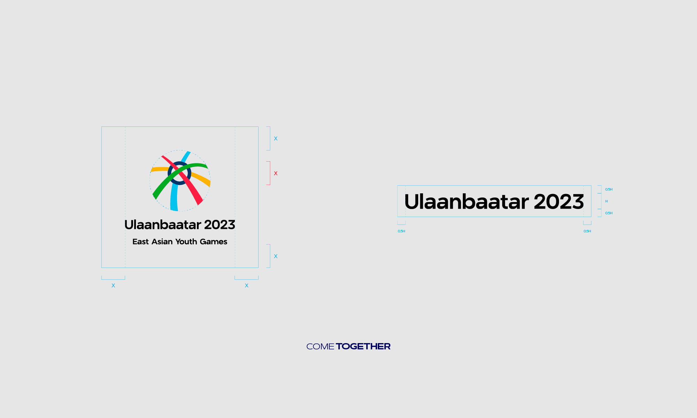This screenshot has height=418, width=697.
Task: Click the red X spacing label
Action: click(x=276, y=173)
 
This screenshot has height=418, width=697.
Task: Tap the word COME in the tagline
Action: click(x=320, y=347)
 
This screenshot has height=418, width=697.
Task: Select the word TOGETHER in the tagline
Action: click(x=363, y=347)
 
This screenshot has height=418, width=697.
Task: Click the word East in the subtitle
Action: click(x=140, y=242)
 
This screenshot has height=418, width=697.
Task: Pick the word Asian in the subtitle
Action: click(x=162, y=242)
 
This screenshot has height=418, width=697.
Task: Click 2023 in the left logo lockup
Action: click(x=220, y=225)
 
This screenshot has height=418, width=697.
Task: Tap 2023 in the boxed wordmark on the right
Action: click(x=559, y=202)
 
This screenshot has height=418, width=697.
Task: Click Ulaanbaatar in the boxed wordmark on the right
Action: click(x=466, y=202)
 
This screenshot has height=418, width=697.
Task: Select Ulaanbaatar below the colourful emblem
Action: click(x=162, y=225)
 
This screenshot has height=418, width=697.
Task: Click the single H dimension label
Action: click(x=606, y=201)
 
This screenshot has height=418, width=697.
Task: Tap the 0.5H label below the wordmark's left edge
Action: click(x=401, y=231)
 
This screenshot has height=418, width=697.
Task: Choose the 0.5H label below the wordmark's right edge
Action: click(x=587, y=231)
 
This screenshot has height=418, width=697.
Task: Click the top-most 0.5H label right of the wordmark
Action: click(x=609, y=189)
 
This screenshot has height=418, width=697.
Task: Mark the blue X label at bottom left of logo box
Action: click(x=113, y=286)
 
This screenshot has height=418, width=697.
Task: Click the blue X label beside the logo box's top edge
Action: click(x=276, y=139)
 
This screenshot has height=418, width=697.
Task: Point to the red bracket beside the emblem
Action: click(x=269, y=173)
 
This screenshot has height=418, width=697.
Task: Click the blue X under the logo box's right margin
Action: click(x=247, y=286)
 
